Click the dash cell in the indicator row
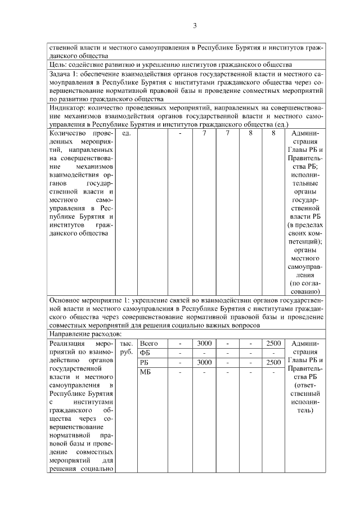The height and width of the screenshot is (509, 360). tap(180, 133)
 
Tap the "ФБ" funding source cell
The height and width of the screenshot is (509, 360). tap(145, 353)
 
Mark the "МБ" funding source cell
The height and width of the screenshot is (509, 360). tap(145, 372)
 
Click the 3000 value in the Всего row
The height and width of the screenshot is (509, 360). tap(204, 343)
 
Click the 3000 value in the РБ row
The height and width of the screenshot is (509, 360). tap(204, 362)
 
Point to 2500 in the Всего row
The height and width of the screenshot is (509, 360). tap(273, 343)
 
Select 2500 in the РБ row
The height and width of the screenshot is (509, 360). tap(273, 362)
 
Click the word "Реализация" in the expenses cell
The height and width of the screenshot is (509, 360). tap(67, 343)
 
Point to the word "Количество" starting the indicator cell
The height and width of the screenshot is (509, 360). tap(67, 133)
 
